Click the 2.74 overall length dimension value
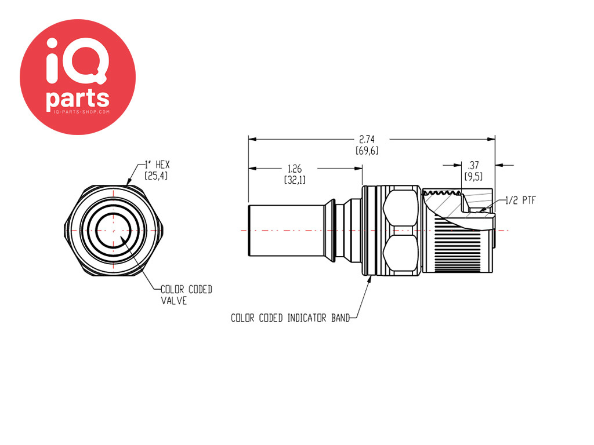point(367,139)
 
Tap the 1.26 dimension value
point(294,169)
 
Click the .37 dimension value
point(473,165)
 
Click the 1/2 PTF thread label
point(520,200)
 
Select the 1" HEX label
point(158,165)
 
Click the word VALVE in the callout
point(174,301)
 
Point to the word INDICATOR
point(306,318)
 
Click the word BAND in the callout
point(340,318)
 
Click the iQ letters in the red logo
point(77,60)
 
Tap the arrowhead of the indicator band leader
point(370,280)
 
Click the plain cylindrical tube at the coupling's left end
point(286,231)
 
